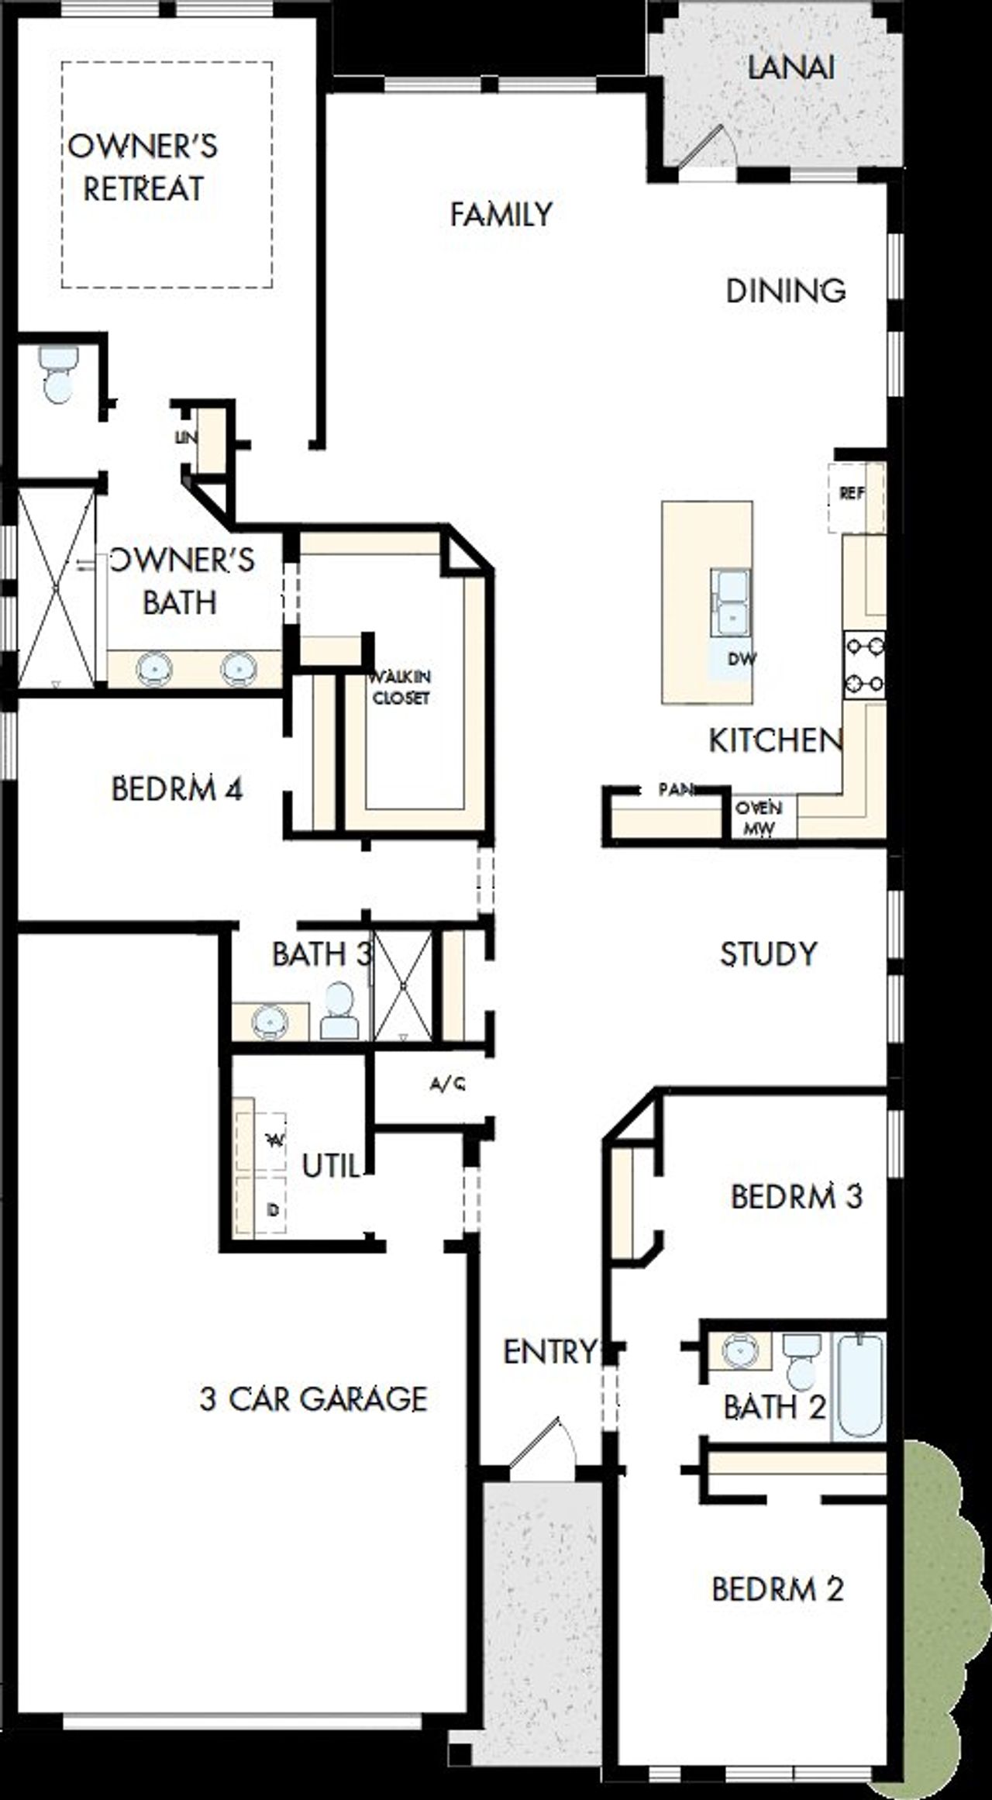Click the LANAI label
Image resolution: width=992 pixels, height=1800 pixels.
click(790, 68)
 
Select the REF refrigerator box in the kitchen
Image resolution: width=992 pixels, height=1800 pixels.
click(851, 494)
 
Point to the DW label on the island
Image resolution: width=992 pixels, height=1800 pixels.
click(742, 659)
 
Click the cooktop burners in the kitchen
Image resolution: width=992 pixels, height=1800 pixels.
click(864, 664)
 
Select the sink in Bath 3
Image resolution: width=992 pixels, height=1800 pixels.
click(270, 1022)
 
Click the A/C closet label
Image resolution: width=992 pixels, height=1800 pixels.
click(447, 1084)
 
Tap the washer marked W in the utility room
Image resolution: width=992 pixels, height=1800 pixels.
click(273, 1140)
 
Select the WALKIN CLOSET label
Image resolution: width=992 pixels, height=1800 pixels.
click(401, 687)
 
